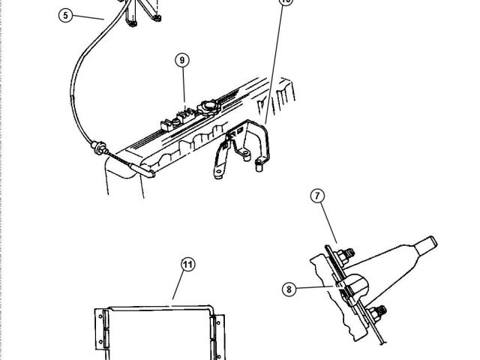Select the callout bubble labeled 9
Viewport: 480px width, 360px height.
(181, 61)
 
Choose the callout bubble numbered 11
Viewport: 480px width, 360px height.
(187, 263)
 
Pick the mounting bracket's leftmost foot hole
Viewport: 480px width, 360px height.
(215, 177)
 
